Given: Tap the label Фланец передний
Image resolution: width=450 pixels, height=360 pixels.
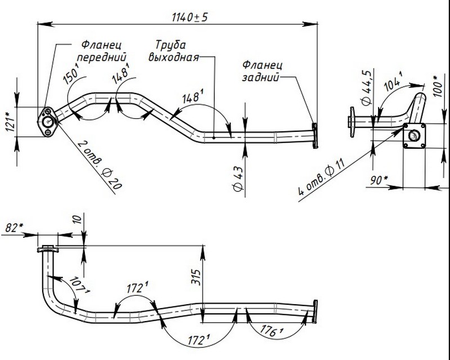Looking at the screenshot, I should (x=102, y=51).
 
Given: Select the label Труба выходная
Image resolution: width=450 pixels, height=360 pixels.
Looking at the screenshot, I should (x=173, y=51).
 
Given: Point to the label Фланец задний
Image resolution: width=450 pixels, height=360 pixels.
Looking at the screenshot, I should (x=262, y=72).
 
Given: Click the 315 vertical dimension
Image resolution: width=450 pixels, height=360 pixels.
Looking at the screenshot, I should (x=193, y=277).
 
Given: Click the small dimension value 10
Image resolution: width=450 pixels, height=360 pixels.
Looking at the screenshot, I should (x=77, y=219).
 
